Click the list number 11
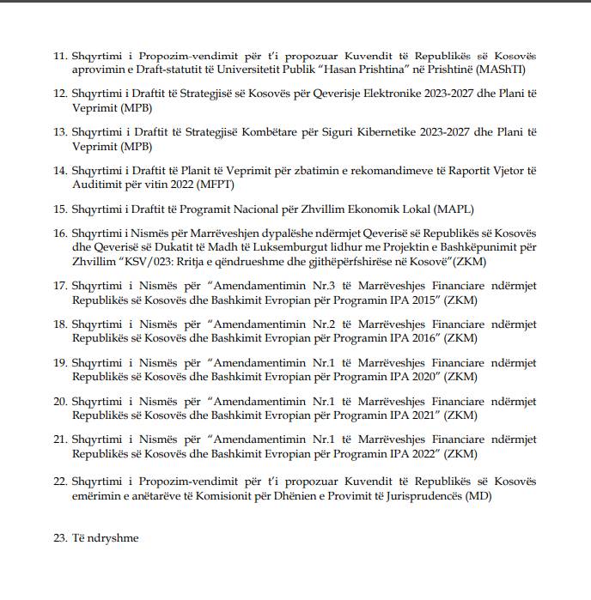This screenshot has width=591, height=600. click(60, 56)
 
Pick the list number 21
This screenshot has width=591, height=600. click(60, 439)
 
